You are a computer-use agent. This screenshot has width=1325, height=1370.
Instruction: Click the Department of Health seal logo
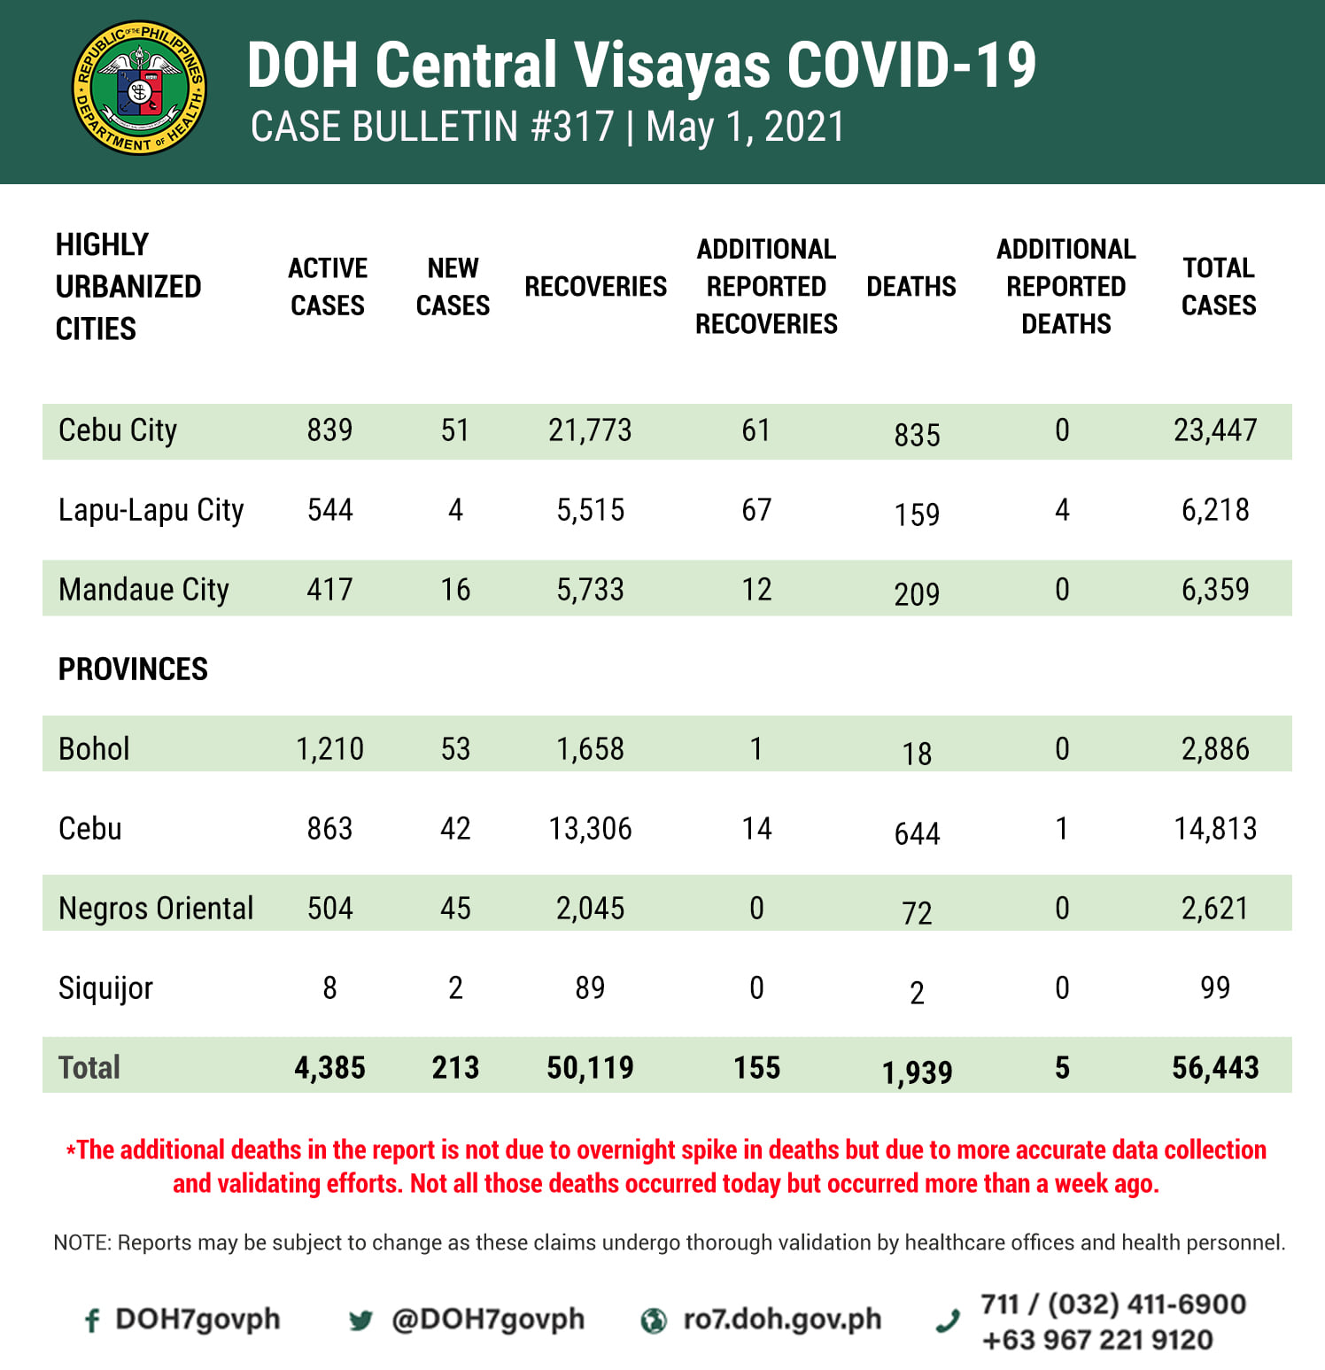pyautogui.click(x=139, y=89)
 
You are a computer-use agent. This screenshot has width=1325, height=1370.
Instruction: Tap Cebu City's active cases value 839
pyautogui.click(x=329, y=430)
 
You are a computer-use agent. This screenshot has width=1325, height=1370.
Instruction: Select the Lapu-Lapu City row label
pyautogui.click(x=151, y=510)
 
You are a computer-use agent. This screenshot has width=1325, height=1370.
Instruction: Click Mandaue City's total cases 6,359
pyautogui.click(x=1215, y=590)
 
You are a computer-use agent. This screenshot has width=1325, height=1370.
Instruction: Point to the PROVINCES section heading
pyautogui.click(x=133, y=670)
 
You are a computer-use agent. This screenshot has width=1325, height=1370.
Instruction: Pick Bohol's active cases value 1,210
pyautogui.click(x=329, y=749)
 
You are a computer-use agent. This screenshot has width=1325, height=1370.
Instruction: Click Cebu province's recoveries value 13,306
pyautogui.click(x=590, y=829)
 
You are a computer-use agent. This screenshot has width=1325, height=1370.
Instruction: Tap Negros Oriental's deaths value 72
pyautogui.click(x=917, y=912)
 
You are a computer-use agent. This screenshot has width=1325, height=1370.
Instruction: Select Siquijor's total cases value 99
pyautogui.click(x=1215, y=988)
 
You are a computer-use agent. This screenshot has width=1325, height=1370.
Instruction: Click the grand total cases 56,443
pyautogui.click(x=1215, y=1068)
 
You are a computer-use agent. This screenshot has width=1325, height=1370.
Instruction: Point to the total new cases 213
pyautogui.click(x=455, y=1068)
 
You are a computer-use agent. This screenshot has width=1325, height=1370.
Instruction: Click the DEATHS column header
pyautogui.click(x=911, y=287)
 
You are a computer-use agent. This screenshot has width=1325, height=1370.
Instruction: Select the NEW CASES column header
pyautogui.click(x=453, y=287)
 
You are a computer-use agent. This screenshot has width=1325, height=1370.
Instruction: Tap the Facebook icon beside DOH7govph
pyautogui.click(x=91, y=1321)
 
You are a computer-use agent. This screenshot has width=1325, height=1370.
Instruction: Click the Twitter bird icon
pyautogui.click(x=360, y=1321)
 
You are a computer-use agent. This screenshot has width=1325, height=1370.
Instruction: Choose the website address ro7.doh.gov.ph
pyautogui.click(x=782, y=1320)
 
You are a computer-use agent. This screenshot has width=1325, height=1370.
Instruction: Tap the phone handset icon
pyautogui.click(x=948, y=1321)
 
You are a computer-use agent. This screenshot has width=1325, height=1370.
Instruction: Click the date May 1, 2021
pyautogui.click(x=746, y=128)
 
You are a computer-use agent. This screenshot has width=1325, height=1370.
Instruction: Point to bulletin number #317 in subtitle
pyautogui.click(x=573, y=128)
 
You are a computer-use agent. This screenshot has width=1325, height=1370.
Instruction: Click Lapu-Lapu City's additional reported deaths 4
pyautogui.click(x=1062, y=510)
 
